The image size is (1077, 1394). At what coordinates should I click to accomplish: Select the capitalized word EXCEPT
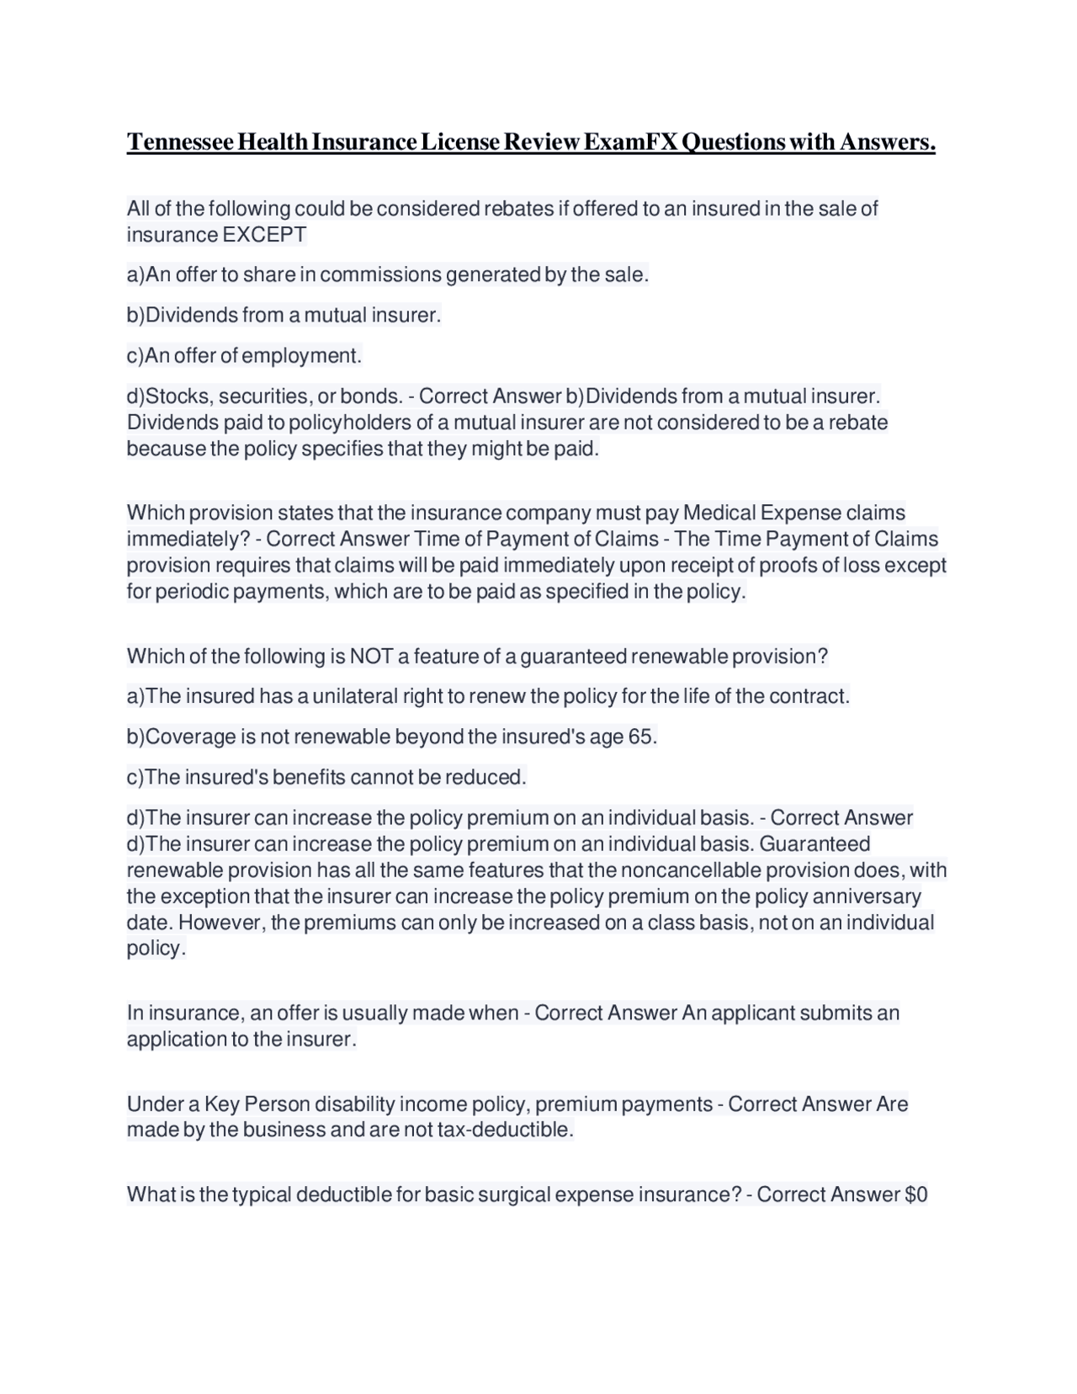pos(264,235)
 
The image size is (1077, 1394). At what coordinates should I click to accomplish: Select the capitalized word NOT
pos(371,657)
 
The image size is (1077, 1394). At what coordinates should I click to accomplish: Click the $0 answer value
pos(915,1195)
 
